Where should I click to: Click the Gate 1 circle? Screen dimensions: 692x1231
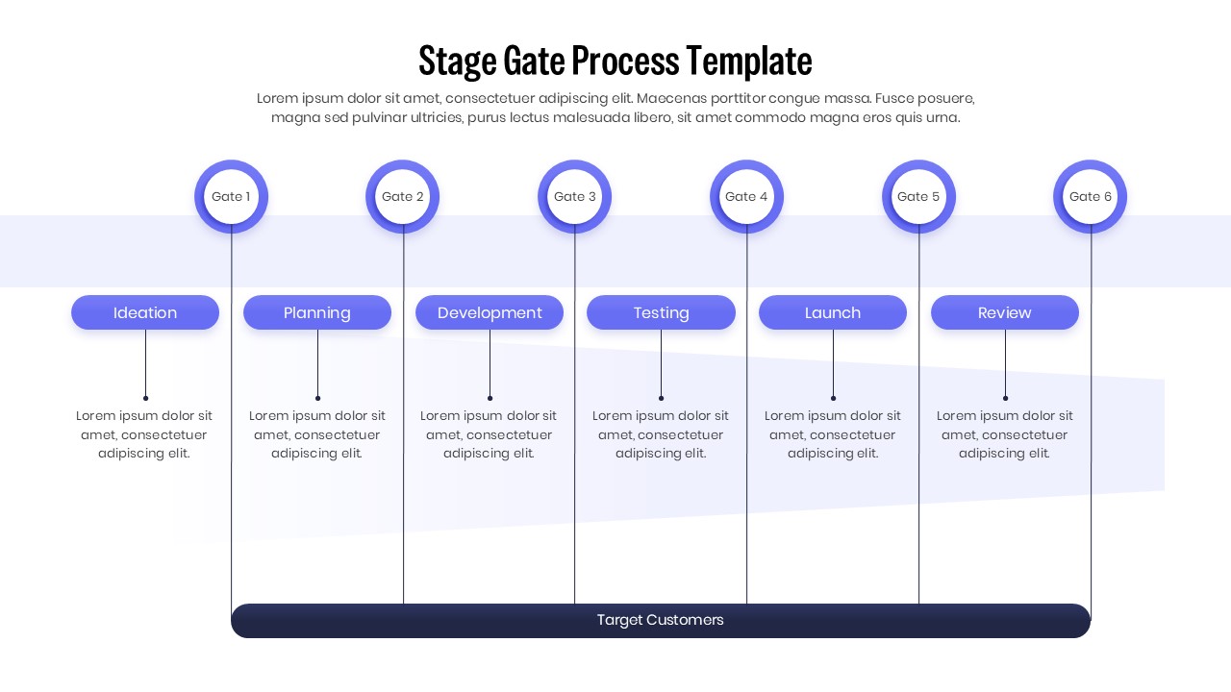[x=231, y=196]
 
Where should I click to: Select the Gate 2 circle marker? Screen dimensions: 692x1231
[x=403, y=196]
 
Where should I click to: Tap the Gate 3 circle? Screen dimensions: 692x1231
[x=575, y=196]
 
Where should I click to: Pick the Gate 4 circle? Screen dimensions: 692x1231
[x=746, y=196]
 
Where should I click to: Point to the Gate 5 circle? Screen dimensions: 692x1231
[x=918, y=196]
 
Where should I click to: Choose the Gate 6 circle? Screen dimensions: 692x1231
[x=1090, y=196]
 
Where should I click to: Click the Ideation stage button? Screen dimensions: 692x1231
[x=145, y=312]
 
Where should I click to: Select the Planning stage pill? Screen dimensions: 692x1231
[x=317, y=312]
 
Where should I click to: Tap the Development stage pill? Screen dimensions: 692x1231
[x=490, y=312]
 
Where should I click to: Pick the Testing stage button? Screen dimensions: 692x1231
[x=661, y=312]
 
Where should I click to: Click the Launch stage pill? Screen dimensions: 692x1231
[x=833, y=312]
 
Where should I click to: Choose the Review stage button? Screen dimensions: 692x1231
[x=1005, y=312]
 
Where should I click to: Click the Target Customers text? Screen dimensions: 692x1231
[x=660, y=620]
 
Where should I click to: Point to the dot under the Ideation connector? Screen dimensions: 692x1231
[x=145, y=398]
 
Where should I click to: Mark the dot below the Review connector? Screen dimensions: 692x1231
[x=1005, y=398]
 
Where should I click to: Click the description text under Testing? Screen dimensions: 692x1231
[x=661, y=434]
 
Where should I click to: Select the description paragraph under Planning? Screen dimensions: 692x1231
[x=317, y=434]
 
